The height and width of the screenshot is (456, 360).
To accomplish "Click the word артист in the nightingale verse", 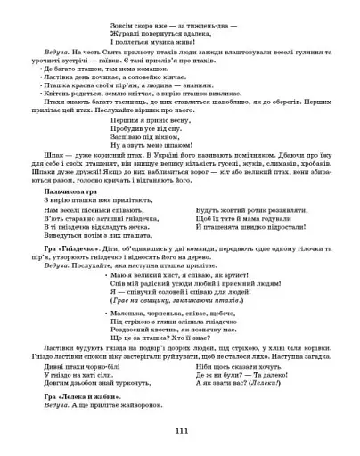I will tap(224, 277).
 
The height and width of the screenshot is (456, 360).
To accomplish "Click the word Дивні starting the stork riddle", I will tap(53, 365).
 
